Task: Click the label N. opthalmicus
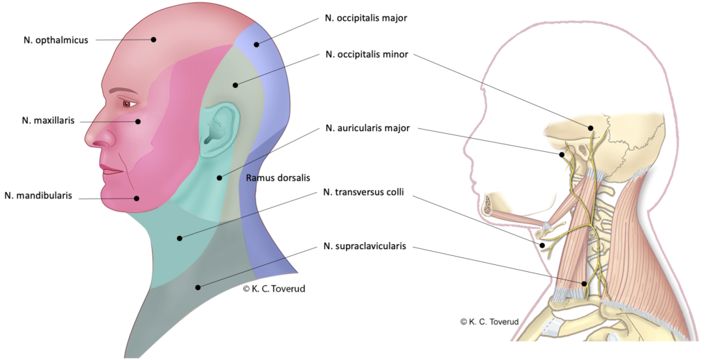point(55,40)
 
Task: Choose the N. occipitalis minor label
point(366,53)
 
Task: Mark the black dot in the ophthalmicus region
point(154,40)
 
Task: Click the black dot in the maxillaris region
point(138,121)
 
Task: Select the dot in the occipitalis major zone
point(256,45)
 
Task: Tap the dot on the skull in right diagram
point(591,128)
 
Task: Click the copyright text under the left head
point(274,289)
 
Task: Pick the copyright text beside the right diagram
point(490,322)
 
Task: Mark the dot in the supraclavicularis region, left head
point(198,286)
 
